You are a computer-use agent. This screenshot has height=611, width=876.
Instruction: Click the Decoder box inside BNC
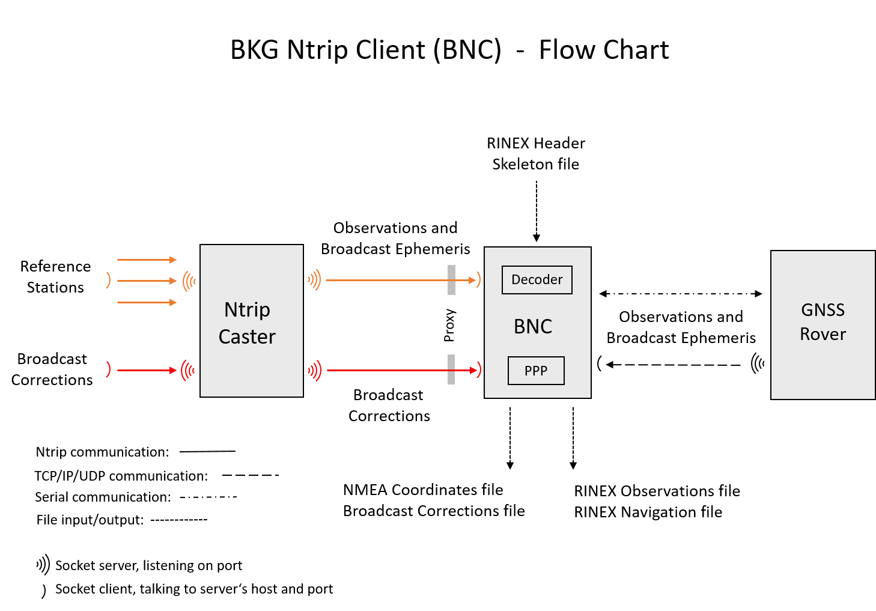coord(537,280)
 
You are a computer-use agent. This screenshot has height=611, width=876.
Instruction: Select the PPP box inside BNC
coord(536,371)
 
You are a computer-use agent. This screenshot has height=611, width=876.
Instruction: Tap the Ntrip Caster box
coord(252,321)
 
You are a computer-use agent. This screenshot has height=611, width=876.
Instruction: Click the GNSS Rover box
coord(823,324)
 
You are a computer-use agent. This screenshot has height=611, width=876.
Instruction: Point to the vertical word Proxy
coord(449,325)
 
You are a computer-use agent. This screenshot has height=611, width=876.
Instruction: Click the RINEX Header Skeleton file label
coord(536,154)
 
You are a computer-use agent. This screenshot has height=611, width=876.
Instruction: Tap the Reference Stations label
coord(55,277)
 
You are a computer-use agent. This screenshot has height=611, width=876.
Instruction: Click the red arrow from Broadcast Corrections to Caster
coord(147,370)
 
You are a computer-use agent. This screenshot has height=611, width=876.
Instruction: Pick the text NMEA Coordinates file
coord(423,490)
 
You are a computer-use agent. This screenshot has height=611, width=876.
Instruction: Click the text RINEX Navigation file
coord(648,512)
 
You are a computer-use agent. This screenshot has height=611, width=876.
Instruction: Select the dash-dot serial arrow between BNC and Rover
coord(680,294)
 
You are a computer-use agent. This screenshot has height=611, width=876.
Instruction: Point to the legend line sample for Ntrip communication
coord(207,451)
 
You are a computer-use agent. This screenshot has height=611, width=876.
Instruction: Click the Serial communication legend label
coord(103,497)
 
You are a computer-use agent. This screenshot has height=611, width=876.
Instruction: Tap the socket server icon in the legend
coord(42,565)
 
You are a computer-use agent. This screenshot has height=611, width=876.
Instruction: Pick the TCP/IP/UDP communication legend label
coord(121,476)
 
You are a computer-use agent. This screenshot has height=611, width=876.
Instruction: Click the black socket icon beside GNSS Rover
coord(758,363)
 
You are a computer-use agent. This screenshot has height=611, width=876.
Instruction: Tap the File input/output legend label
coord(90,520)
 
